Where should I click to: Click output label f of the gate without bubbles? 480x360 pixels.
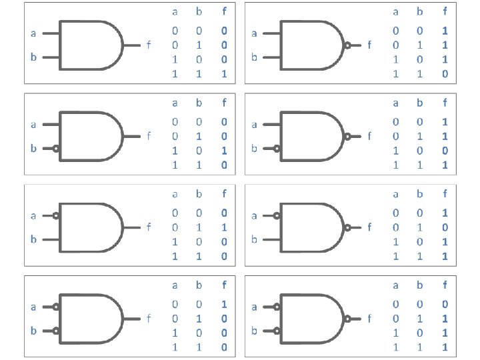(147, 45)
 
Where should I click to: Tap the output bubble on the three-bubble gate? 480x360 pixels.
(347, 319)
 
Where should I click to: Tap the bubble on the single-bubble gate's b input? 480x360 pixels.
(56, 149)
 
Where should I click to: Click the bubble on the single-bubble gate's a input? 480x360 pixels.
(56, 215)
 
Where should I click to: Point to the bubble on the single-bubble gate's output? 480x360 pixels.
(347, 45)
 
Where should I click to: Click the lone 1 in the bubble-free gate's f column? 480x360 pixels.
(224, 74)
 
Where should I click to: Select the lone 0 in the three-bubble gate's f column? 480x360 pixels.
(444, 303)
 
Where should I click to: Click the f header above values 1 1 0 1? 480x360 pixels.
(444, 103)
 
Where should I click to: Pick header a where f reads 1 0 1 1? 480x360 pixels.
(395, 195)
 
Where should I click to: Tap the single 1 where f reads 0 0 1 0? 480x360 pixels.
(224, 151)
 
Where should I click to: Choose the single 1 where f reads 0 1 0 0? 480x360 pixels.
(224, 227)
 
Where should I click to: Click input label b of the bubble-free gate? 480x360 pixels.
(33, 57)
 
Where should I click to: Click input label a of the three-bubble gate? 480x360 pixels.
(253, 307)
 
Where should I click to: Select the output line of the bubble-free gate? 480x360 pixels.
(131, 45)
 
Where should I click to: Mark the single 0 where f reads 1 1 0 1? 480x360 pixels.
(444, 151)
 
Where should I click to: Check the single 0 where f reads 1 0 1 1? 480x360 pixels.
(444, 227)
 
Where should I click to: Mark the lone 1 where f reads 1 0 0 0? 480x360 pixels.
(224, 303)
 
